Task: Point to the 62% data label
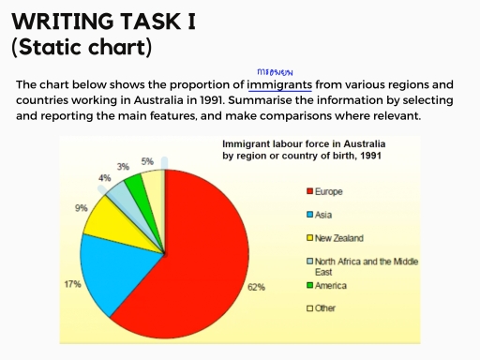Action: click(256, 286)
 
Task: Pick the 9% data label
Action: click(82, 208)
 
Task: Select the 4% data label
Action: click(105, 177)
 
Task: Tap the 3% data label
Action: click(123, 166)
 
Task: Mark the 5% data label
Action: click(147, 161)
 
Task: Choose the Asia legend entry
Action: click(324, 215)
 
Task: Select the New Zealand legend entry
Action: click(337, 238)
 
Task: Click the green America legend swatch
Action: click(309, 285)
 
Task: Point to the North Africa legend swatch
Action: click(309, 262)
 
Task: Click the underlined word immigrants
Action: click(279, 84)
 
